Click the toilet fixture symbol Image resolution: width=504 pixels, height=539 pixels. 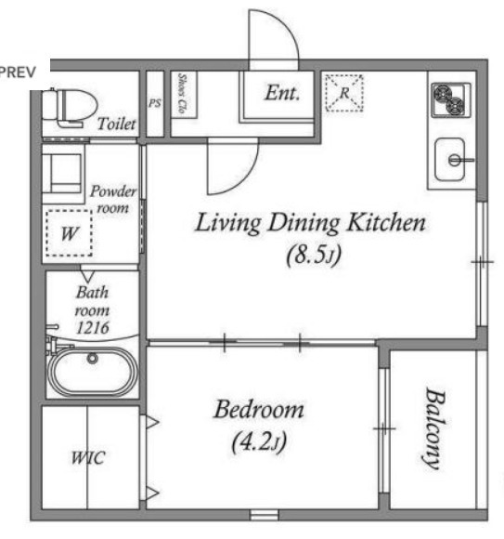pos(70,107)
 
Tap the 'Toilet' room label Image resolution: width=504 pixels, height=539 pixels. pos(117,124)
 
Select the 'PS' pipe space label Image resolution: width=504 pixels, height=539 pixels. pos(154,103)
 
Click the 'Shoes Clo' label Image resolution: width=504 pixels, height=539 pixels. pos(182,93)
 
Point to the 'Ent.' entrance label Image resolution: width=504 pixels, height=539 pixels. pos(282,93)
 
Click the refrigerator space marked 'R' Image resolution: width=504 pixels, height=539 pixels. pos(344,93)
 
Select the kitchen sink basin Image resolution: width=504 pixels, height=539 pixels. pos(450,160)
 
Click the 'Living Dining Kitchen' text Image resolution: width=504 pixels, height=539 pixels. pos(310,223)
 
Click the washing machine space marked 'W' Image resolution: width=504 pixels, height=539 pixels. pos(69,232)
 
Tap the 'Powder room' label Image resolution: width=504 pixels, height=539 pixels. pos(113,200)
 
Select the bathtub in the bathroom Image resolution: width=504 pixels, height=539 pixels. pos(93,371)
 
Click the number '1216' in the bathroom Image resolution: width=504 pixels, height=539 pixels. pos(93,328)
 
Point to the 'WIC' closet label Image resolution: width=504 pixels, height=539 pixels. pos(88,458)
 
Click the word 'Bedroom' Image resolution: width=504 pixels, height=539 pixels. pos(259,410)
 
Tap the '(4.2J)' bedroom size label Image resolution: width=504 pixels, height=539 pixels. pos(259,442)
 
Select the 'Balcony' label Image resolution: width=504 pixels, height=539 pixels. pos(433,428)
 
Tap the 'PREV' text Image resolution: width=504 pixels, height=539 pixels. pos(18,72)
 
